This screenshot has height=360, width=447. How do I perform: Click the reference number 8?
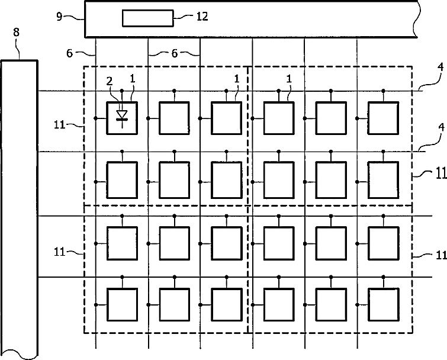click(x=16, y=33)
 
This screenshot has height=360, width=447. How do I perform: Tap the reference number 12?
click(x=202, y=17)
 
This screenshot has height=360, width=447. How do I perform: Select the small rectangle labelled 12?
click(x=148, y=18)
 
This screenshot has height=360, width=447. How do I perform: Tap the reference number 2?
click(x=108, y=80)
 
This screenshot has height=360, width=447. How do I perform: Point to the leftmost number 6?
click(x=70, y=53)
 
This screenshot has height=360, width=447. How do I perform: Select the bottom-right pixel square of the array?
click(x=383, y=304)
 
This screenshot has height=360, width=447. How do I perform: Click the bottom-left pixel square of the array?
click(x=122, y=304)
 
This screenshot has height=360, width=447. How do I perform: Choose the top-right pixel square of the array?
click(x=383, y=118)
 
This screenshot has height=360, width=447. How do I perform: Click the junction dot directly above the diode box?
click(x=122, y=91)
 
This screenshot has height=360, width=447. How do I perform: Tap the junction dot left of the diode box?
click(x=96, y=118)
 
